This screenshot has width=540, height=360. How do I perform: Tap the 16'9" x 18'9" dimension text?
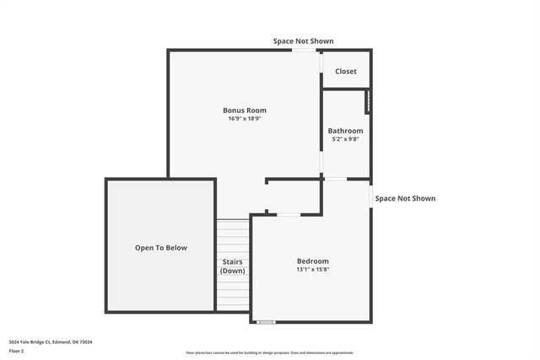pos(245,119)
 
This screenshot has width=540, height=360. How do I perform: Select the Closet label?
pos(346,72)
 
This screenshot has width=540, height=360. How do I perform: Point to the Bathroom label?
pos(346,131)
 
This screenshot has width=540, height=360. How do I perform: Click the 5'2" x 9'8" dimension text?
pos(346,139)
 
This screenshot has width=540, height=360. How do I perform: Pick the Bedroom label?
pos(312,261)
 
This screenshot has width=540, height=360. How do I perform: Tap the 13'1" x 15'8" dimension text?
pos(312,270)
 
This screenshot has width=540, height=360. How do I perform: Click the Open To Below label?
pos(161,248)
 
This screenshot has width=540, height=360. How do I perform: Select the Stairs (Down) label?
pos(232,266)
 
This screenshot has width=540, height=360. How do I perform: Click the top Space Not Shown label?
pos(303,40)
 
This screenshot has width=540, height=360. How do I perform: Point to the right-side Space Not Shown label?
pos(405,199)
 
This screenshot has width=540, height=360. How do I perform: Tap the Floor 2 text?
pos(17,352)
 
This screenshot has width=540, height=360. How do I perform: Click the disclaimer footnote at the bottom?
pos(270,352)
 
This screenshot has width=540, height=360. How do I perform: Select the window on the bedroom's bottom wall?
pos(267,321)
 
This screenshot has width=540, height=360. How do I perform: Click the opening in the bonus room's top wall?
pos(304,51)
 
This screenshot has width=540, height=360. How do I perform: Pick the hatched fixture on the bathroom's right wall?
pos(367,101)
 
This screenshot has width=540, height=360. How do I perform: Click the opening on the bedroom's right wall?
pos(370,196)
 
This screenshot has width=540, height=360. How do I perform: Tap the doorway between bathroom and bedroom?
pos(335,179)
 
